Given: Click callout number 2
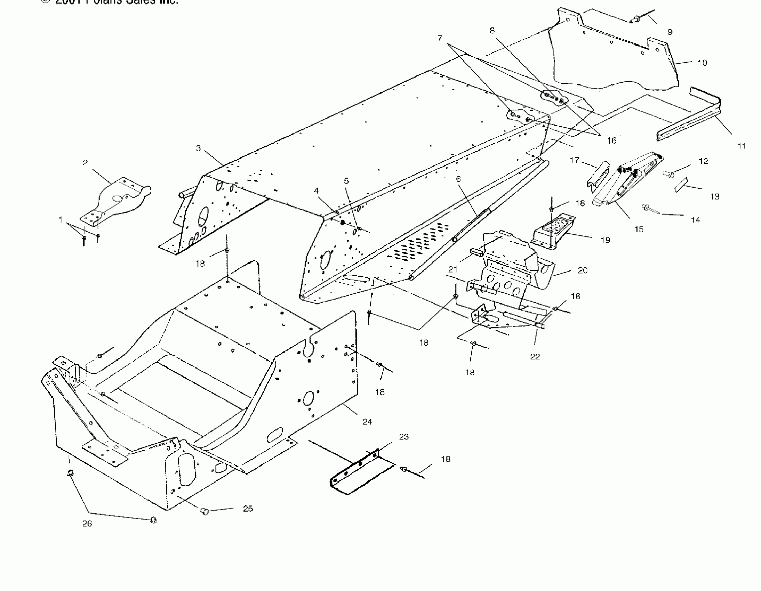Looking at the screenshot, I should (85, 163).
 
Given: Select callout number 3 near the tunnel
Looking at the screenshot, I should (198, 148).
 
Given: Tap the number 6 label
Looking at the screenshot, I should (458, 179).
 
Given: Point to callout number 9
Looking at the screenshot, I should (670, 32).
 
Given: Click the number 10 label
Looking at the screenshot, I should (703, 63).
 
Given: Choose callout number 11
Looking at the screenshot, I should (742, 146).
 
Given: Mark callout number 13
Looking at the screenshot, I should (715, 196).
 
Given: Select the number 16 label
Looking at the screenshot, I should (611, 140).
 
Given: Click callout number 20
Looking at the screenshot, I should (583, 270).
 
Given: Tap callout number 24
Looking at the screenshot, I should (367, 422).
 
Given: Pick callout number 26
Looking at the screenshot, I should (87, 524).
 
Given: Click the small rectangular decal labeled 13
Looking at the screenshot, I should (681, 184).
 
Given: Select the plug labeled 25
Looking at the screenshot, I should (205, 511).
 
